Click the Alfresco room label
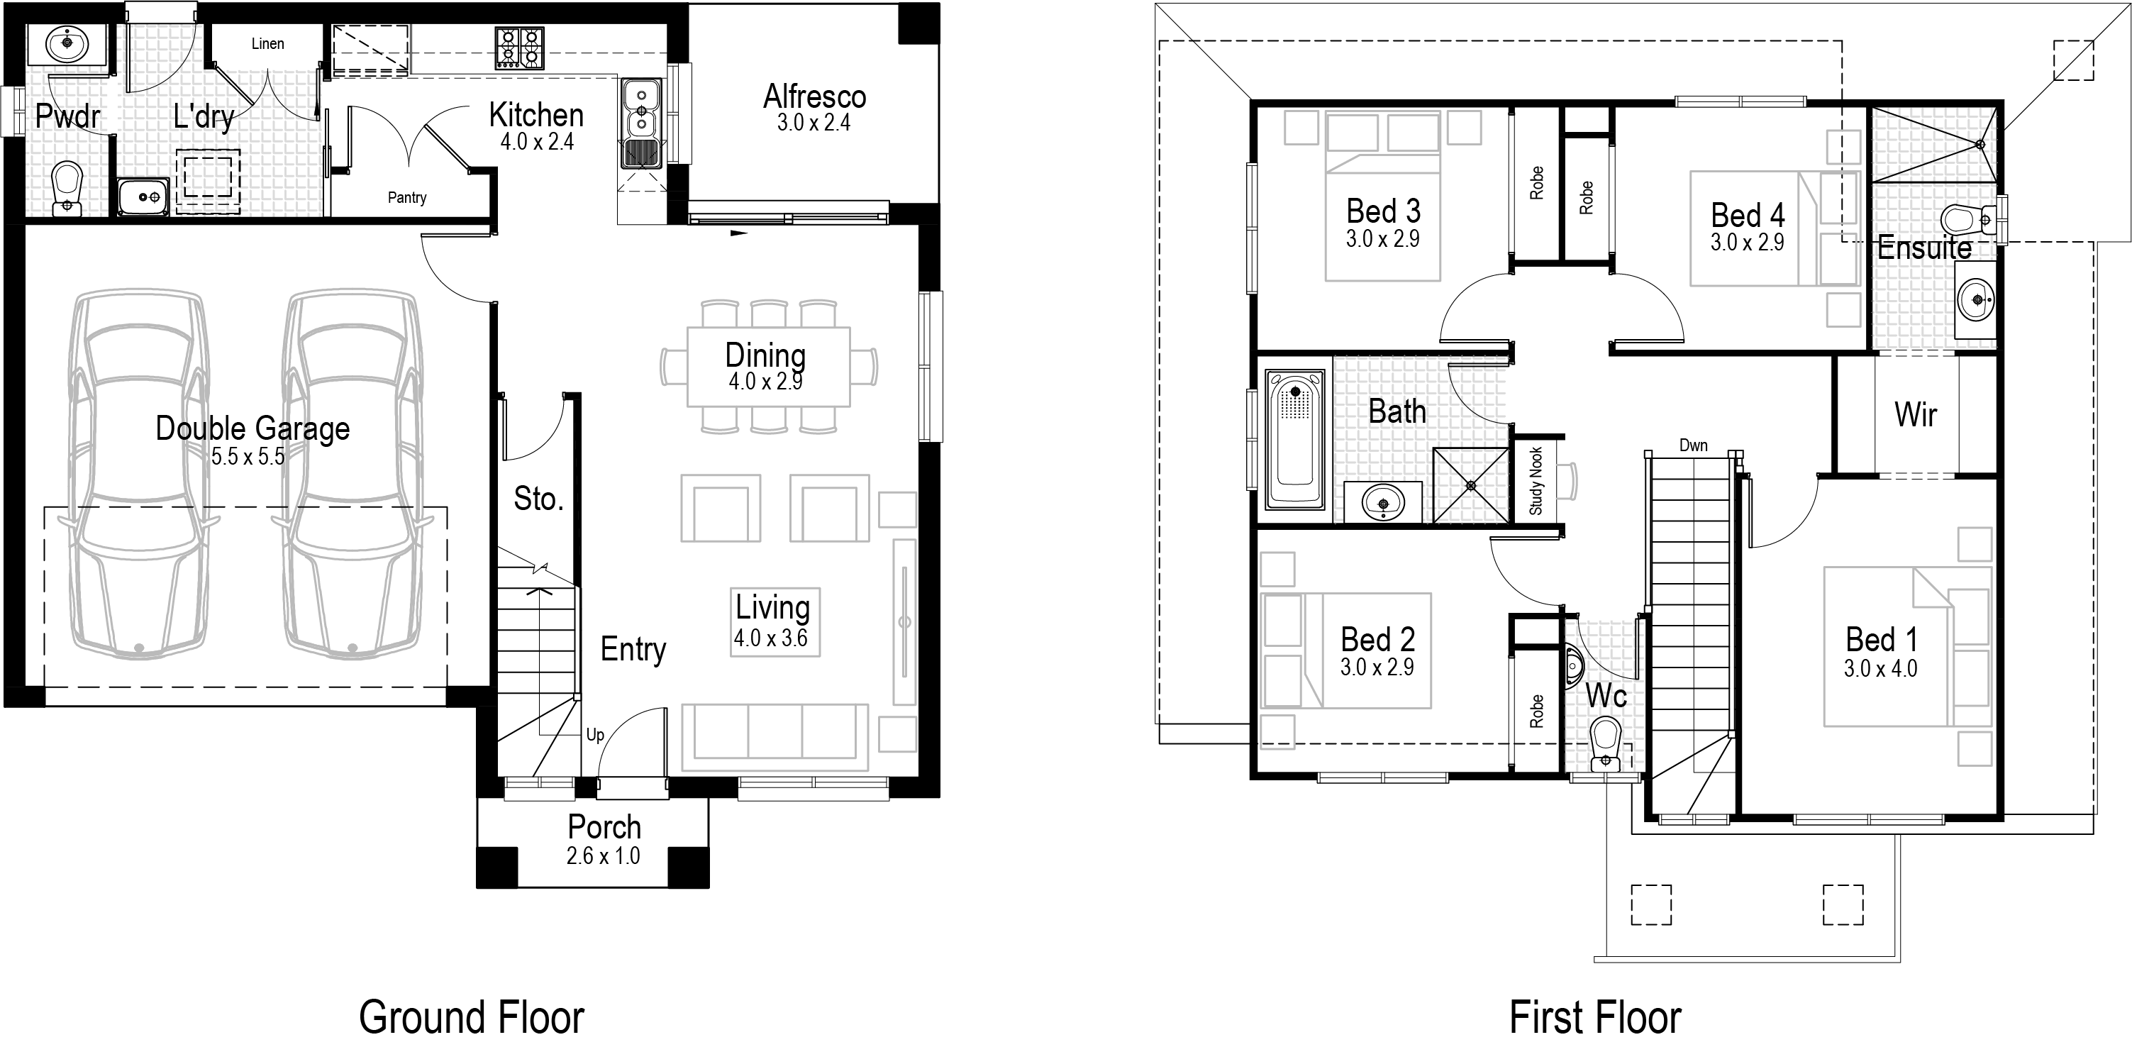[814, 97]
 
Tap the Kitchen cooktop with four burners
[520, 48]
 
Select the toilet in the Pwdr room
[67, 189]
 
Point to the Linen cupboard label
[267, 44]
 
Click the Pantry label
[407, 198]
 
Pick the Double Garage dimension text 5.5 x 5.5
[248, 457]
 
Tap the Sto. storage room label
[538, 499]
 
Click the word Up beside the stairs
[595, 735]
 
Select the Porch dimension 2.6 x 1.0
[604, 855]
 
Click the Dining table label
[765, 355]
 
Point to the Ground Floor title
[472, 1017]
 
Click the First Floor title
[1595, 1017]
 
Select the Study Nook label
[1536, 481]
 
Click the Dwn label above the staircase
[1694, 445]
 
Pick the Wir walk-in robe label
[1916, 414]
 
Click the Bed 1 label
[1881, 640]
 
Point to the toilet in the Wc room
[1606, 743]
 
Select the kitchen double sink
[641, 124]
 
